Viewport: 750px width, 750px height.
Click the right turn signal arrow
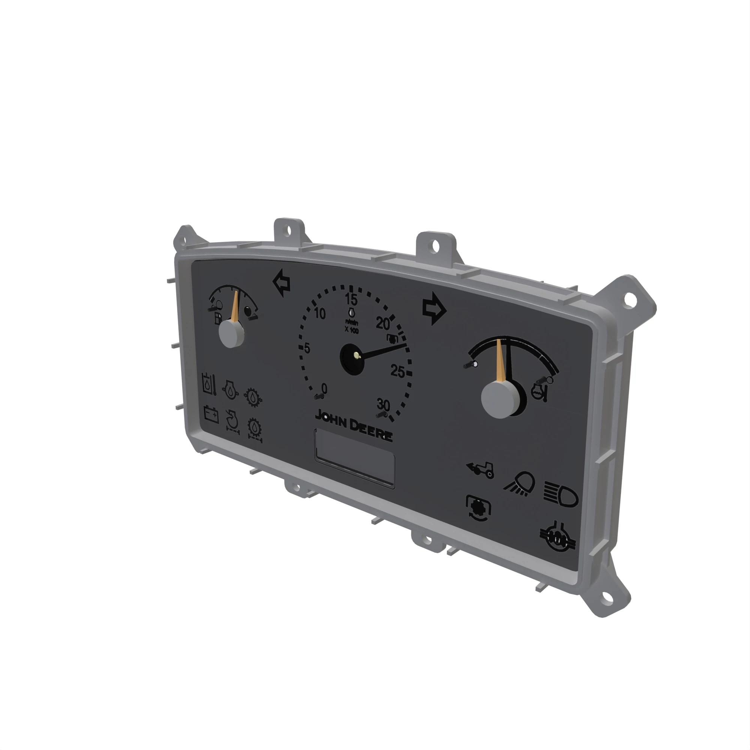click(x=433, y=309)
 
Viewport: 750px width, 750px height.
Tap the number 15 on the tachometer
click(x=351, y=299)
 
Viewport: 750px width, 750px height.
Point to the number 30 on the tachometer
click(x=383, y=405)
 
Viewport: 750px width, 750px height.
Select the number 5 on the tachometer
click(x=307, y=348)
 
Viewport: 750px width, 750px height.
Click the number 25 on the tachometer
click(x=397, y=372)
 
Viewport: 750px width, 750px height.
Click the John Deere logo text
click(x=353, y=426)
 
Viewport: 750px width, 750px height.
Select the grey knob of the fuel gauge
click(x=231, y=334)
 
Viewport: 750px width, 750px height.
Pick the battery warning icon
click(x=211, y=415)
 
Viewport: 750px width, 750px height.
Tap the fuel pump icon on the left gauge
click(x=218, y=319)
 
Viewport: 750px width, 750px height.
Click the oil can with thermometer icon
click(x=210, y=384)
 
